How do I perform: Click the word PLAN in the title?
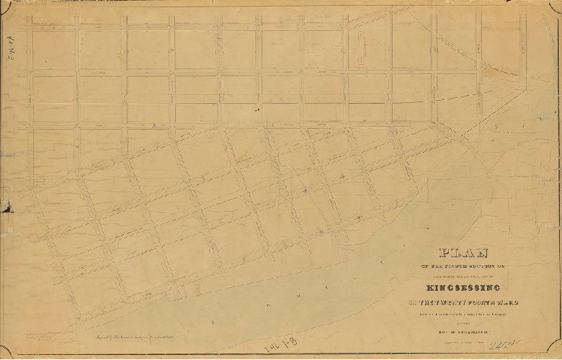tap(463, 253)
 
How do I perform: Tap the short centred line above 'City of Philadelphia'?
tap(463, 324)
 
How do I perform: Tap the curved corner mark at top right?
tap(556, 6)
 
